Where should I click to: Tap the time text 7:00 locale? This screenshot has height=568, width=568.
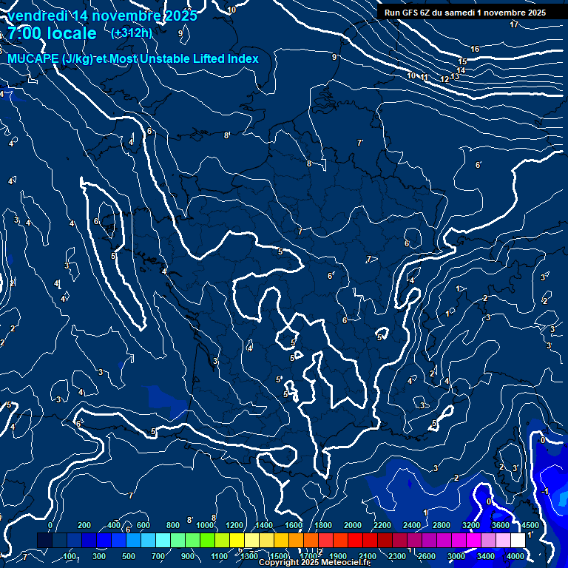[52, 33]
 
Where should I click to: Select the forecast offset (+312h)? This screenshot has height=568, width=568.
[132, 33]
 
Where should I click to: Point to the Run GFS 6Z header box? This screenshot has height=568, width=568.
[465, 12]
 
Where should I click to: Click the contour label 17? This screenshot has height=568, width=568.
[514, 24]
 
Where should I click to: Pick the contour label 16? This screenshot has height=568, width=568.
[475, 49]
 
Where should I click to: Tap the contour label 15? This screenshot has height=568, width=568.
[463, 61]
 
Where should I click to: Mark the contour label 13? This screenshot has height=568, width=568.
[454, 76]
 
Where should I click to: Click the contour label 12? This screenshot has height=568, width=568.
[444, 79]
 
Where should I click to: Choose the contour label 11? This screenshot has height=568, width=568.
[425, 77]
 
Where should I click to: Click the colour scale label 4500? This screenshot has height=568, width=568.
[530, 525]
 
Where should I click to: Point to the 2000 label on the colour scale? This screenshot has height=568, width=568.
[353, 525]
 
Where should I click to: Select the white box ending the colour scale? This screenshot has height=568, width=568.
[518, 541]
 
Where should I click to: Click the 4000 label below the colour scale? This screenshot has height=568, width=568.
[515, 556]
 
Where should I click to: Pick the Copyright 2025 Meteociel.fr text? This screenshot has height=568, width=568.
[314, 563]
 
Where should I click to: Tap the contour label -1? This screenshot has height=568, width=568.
[545, 492]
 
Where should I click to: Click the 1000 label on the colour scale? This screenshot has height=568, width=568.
[205, 525]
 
